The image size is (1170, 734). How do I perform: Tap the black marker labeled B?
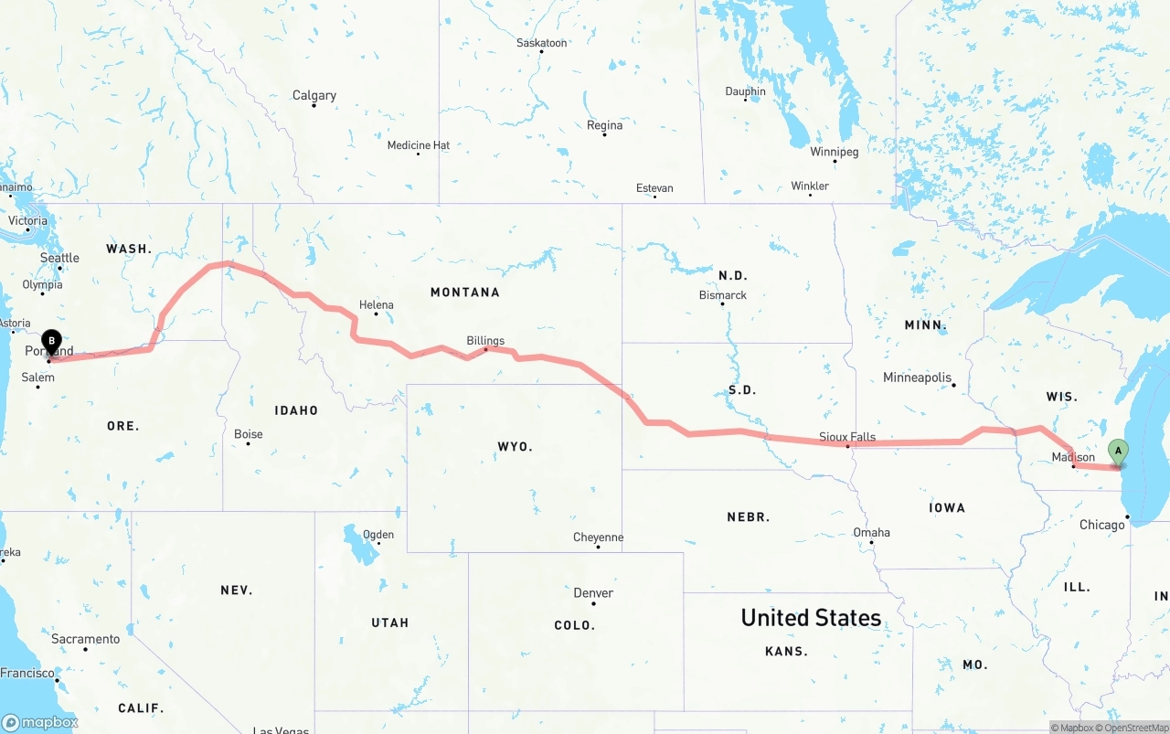[52, 343]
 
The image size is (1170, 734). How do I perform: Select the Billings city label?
[485, 340]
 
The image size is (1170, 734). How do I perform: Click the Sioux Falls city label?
[847, 437]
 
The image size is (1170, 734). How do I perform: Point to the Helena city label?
[376, 305]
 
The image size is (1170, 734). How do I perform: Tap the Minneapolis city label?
[917, 378]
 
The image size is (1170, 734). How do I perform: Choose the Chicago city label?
[1101, 525]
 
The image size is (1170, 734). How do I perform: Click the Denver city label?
[593, 592]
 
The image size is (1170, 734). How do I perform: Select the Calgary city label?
[314, 95]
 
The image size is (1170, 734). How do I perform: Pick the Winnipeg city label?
[834, 152]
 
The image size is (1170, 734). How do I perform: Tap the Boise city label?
[248, 434]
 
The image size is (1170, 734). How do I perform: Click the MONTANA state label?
[465, 293]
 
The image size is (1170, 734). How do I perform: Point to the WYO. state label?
[515, 446]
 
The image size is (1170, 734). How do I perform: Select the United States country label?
[811, 618]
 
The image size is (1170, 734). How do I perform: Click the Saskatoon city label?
[541, 43]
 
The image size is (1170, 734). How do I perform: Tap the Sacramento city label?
[85, 639]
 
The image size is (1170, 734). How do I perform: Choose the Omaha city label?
[871, 532]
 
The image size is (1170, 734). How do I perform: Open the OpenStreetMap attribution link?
[1135, 728]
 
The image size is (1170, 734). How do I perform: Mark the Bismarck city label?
[722, 295]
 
